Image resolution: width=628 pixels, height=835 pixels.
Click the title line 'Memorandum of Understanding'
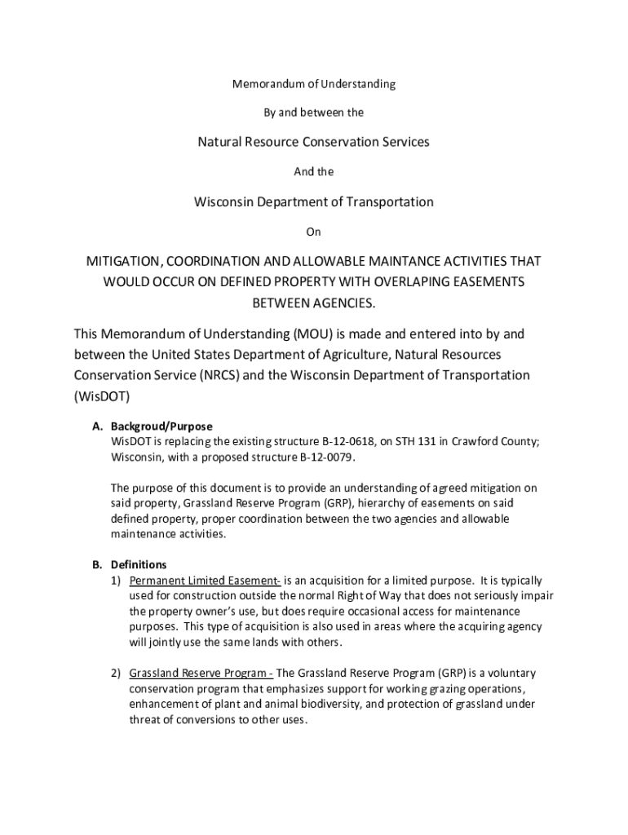[314, 84]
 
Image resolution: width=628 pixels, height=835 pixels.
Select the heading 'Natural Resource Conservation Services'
[314, 142]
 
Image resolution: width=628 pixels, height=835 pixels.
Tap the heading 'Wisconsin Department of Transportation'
[314, 201]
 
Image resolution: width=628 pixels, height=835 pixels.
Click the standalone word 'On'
[314, 232]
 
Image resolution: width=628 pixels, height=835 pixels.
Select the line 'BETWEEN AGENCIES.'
[314, 303]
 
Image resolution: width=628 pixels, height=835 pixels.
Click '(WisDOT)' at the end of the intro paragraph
[102, 396]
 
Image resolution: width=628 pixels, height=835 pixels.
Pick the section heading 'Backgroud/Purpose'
[161, 426]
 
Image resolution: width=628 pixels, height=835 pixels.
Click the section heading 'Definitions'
[139, 564]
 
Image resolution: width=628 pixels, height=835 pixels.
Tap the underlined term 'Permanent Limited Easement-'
[206, 581]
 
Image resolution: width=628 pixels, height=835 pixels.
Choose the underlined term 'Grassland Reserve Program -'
[201, 674]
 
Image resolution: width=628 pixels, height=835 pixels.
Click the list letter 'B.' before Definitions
[97, 564]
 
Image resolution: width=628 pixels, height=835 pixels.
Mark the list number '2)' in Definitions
[117, 674]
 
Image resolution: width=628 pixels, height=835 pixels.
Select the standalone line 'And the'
[314, 172]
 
